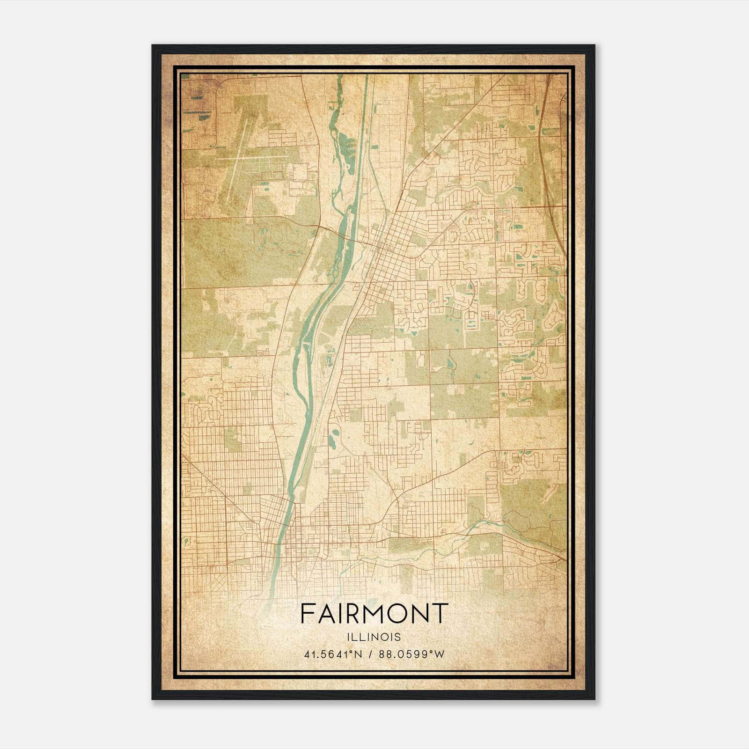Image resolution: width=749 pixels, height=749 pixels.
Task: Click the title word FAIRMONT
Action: (374, 613)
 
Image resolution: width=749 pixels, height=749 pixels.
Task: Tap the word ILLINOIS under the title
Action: (374, 637)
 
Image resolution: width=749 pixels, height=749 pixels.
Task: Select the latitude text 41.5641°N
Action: (333, 654)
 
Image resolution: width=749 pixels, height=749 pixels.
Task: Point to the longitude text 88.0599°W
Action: (411, 654)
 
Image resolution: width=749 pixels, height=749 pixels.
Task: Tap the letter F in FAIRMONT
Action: (307, 613)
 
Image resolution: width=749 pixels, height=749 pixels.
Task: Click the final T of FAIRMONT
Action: (440, 613)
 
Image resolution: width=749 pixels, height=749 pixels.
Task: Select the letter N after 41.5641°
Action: (359, 654)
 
